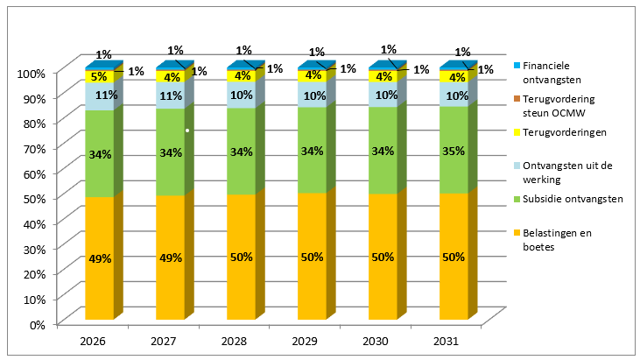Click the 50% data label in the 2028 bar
point(242,258)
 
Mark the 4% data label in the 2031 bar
point(454,77)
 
